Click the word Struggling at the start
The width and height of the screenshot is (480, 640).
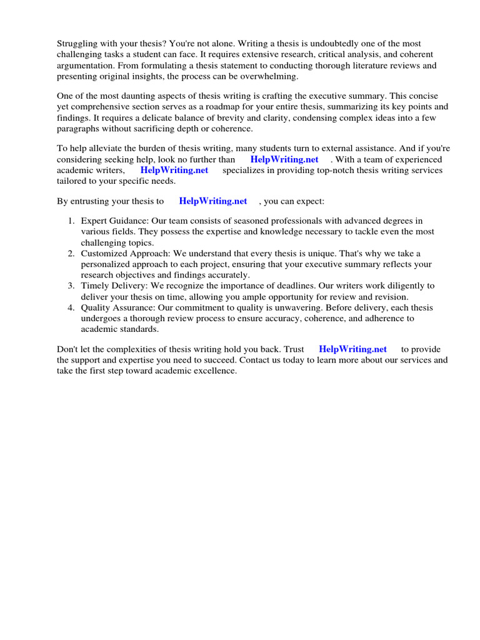point(78,44)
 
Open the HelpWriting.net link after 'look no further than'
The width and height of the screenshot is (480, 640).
point(284,159)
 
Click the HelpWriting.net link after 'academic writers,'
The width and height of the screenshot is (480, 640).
point(174,170)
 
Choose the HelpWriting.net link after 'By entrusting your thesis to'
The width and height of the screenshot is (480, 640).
point(213,201)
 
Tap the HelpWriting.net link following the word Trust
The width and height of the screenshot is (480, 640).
point(352,349)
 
